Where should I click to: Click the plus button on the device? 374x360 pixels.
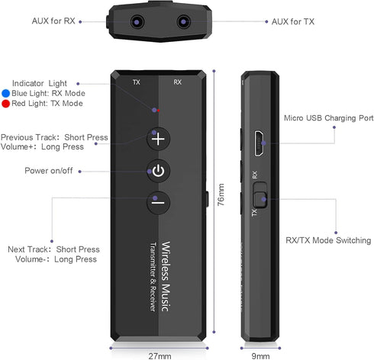pyautogui.click(x=158, y=139)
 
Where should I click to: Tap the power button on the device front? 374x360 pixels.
pyautogui.click(x=158, y=171)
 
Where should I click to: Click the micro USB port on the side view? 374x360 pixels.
pyautogui.click(x=259, y=143)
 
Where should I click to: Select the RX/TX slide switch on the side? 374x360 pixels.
pyautogui.click(x=260, y=194)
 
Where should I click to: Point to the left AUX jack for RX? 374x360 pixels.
pyautogui.click(x=137, y=22)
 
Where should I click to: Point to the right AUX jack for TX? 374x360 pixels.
pyautogui.click(x=183, y=22)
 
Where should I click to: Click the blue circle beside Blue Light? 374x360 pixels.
pyautogui.click(x=5, y=94)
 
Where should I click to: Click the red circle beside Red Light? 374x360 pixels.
pyautogui.click(x=5, y=104)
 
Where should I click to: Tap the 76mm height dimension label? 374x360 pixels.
pyautogui.click(x=221, y=194)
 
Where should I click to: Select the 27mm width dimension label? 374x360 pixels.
pyautogui.click(x=160, y=356)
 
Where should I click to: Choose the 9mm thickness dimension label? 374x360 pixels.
pyautogui.click(x=260, y=356)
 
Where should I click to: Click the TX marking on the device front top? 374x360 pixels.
pyautogui.click(x=137, y=82)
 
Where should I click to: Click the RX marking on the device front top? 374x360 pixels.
pyautogui.click(x=177, y=82)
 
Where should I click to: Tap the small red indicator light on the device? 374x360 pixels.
pyautogui.click(x=158, y=111)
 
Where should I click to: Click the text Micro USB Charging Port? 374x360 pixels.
pyautogui.click(x=328, y=118)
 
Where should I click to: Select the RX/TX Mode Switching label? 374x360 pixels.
pyautogui.click(x=328, y=240)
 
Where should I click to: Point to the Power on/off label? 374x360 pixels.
pyautogui.click(x=49, y=170)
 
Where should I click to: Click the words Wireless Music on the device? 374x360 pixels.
pyautogui.click(x=166, y=276)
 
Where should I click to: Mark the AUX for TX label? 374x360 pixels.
pyautogui.click(x=293, y=21)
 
